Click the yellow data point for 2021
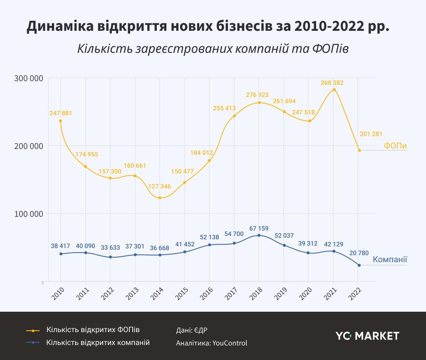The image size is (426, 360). coord(334,89)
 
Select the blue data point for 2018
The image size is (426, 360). coord(259,236)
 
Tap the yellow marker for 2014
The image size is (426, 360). coord(160,198)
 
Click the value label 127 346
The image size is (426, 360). coord(159,186)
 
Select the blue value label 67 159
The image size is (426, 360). coord(259,228)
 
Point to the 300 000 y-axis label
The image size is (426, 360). coord(29,78)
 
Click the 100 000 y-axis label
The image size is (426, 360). coord(29,214)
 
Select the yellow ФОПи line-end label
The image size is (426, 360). coord(395,146)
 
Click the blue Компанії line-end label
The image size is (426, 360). coord(390,260)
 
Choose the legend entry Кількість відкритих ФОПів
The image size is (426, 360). coord(93,330)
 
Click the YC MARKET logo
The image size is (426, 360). coord(367,336)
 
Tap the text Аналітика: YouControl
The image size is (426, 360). coord(211,343)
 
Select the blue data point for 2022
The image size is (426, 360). coord(359,265)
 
